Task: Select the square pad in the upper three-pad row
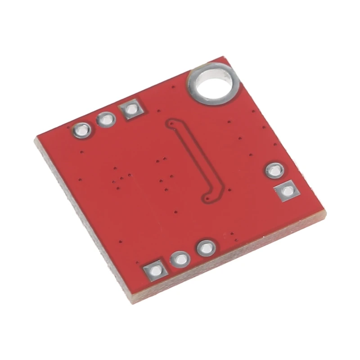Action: tap(131, 109)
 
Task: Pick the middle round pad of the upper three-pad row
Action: tap(106, 120)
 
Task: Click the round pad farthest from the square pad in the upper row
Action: tap(82, 130)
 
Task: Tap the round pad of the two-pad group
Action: tap(274, 170)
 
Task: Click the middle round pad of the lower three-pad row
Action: tap(180, 259)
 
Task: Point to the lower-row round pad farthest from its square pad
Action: tap(206, 247)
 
